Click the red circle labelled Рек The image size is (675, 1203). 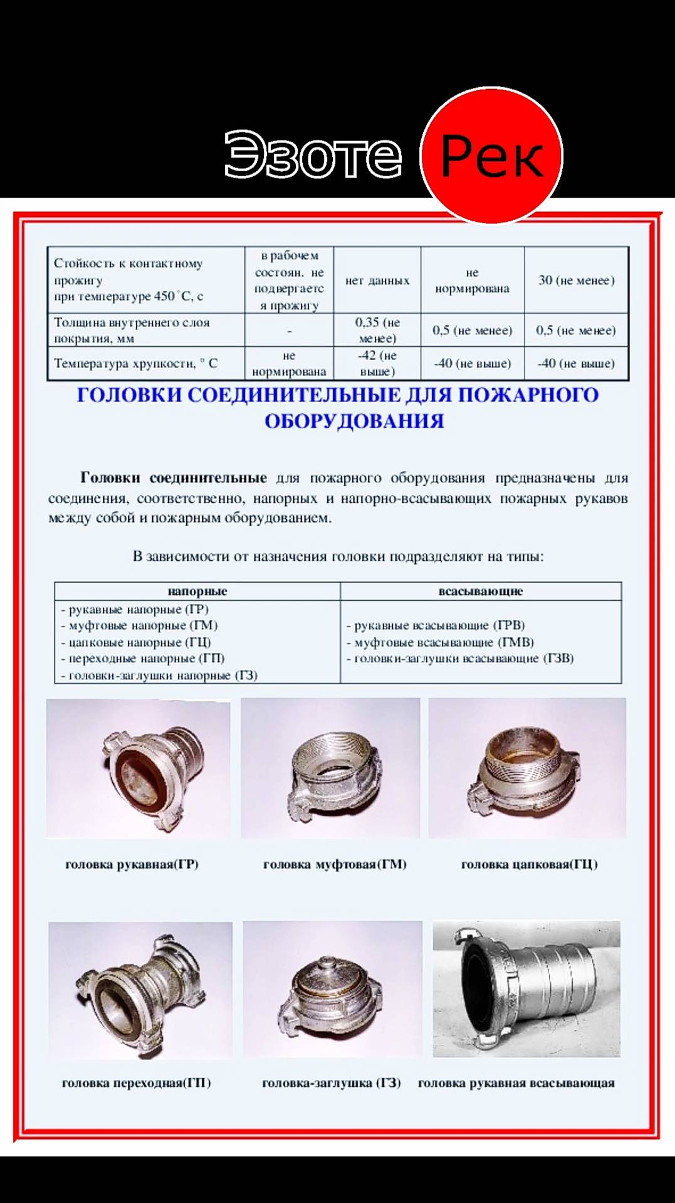tap(491, 156)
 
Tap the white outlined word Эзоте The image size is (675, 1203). tap(313, 154)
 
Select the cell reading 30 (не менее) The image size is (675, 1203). tap(577, 280)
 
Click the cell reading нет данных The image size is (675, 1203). tap(377, 280)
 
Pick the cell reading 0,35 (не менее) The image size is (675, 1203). tap(377, 330)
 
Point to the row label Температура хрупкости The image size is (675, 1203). tap(135, 363)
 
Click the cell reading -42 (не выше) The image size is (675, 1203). tap(377, 363)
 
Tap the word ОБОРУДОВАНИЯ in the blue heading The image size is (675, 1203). tap(354, 421)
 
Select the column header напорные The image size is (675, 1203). tap(197, 591)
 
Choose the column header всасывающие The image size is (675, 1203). tap(481, 591)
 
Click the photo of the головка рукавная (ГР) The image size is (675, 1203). tap(139, 768)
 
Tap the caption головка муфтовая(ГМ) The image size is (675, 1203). tap(335, 864)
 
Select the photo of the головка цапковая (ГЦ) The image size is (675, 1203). tap(527, 768)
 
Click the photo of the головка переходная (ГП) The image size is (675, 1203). tap(140, 989)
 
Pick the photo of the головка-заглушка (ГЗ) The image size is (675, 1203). tap(332, 989)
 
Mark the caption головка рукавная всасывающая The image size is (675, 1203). tap(516, 1083)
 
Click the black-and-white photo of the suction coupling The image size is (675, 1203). tap(526, 989)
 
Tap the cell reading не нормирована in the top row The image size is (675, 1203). tap(472, 280)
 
